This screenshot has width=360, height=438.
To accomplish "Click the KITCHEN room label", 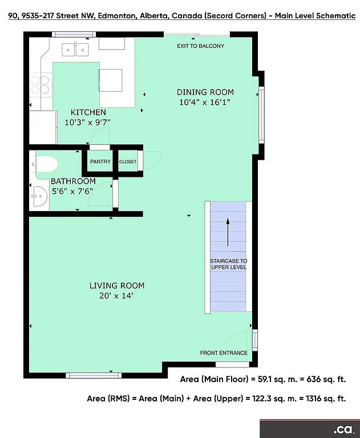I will tap(88, 112).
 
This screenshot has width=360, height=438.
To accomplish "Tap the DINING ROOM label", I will tap(205, 92).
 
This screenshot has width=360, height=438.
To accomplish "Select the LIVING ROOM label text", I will tap(116, 286).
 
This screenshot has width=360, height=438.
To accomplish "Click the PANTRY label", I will tap(100, 162).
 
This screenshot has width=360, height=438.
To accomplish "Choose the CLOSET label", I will tap(128, 162).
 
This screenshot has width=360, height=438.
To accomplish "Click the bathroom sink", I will tap(39, 196).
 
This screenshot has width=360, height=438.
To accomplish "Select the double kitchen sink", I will tap(76, 50).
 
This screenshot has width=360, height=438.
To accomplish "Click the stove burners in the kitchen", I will tap(39, 84).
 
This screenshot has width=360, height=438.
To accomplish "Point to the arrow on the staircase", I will tap(228, 232).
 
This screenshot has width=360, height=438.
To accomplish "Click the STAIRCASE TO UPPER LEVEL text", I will tap(229, 264).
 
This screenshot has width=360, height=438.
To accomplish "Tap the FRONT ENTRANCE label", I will tap(224, 353).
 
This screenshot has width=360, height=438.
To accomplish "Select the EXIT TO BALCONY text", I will tap(200, 46).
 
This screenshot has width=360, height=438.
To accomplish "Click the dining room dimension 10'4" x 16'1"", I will tap(205, 103).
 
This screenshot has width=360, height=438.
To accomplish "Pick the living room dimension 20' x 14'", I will tap(116, 296).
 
